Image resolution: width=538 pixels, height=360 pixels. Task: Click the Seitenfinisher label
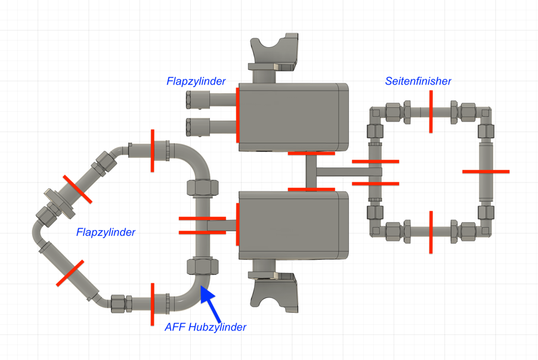(418, 81)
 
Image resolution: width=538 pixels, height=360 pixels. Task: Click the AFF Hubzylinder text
(205, 327)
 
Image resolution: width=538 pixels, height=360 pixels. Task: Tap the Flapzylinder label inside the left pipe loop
(106, 232)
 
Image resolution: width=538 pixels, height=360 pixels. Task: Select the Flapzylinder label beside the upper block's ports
(196, 81)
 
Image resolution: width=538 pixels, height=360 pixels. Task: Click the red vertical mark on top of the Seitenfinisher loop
(431, 111)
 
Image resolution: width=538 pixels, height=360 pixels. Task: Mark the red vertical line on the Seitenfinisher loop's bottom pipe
(431, 232)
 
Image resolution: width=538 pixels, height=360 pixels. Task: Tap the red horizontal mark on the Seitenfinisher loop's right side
(486, 172)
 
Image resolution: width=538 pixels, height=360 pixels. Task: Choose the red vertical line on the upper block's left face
(237, 116)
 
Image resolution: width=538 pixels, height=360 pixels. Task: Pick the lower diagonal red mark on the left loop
(70, 273)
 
